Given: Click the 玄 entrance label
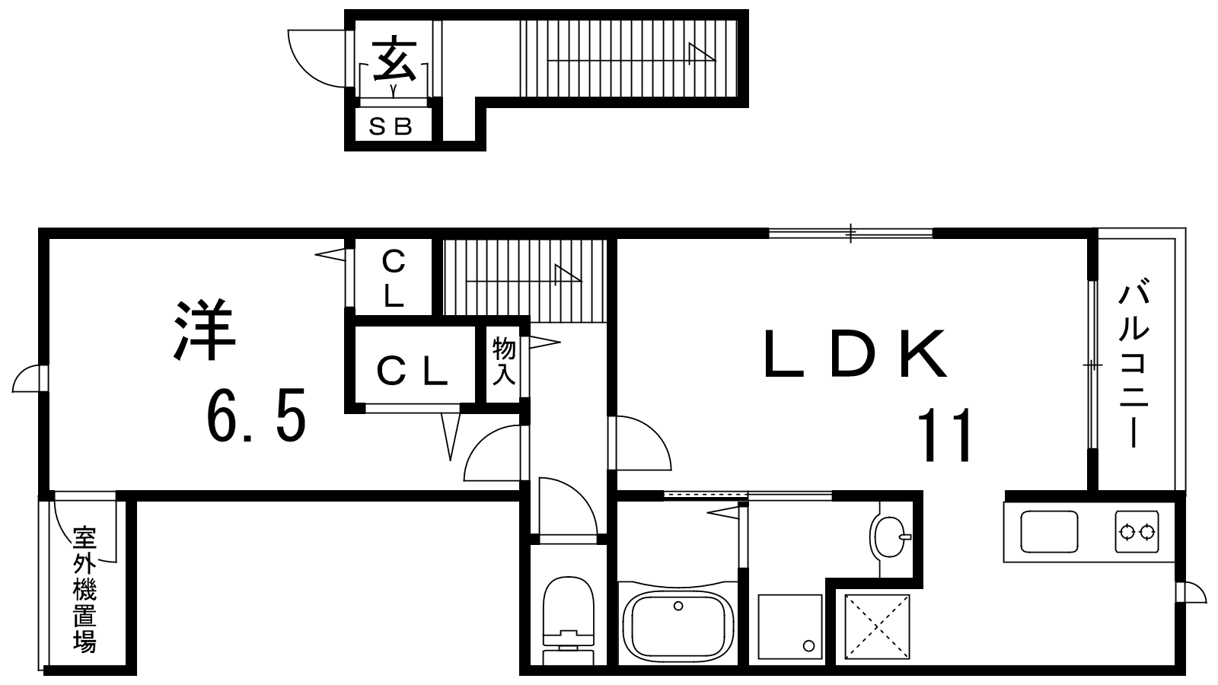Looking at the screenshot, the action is (x=395, y=60).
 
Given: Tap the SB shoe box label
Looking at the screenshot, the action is (x=391, y=126).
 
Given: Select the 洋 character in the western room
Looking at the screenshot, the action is (x=204, y=330).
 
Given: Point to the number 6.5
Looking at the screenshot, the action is (x=256, y=415).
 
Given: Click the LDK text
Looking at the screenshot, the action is (x=856, y=353).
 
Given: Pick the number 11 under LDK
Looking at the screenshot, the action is (x=945, y=435).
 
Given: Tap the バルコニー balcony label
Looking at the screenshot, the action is (x=1134, y=363).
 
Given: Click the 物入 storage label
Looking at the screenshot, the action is (x=503, y=361).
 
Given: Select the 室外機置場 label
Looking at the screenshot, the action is (x=84, y=589).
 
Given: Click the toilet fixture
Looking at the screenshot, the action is (x=569, y=619).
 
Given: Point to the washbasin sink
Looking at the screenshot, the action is (x=890, y=536).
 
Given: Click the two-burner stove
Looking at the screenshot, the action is (x=1137, y=532).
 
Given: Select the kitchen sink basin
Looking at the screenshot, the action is (x=1049, y=532).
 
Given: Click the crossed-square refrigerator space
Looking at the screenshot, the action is (x=877, y=627).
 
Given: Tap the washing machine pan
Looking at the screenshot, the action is (x=789, y=627).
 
